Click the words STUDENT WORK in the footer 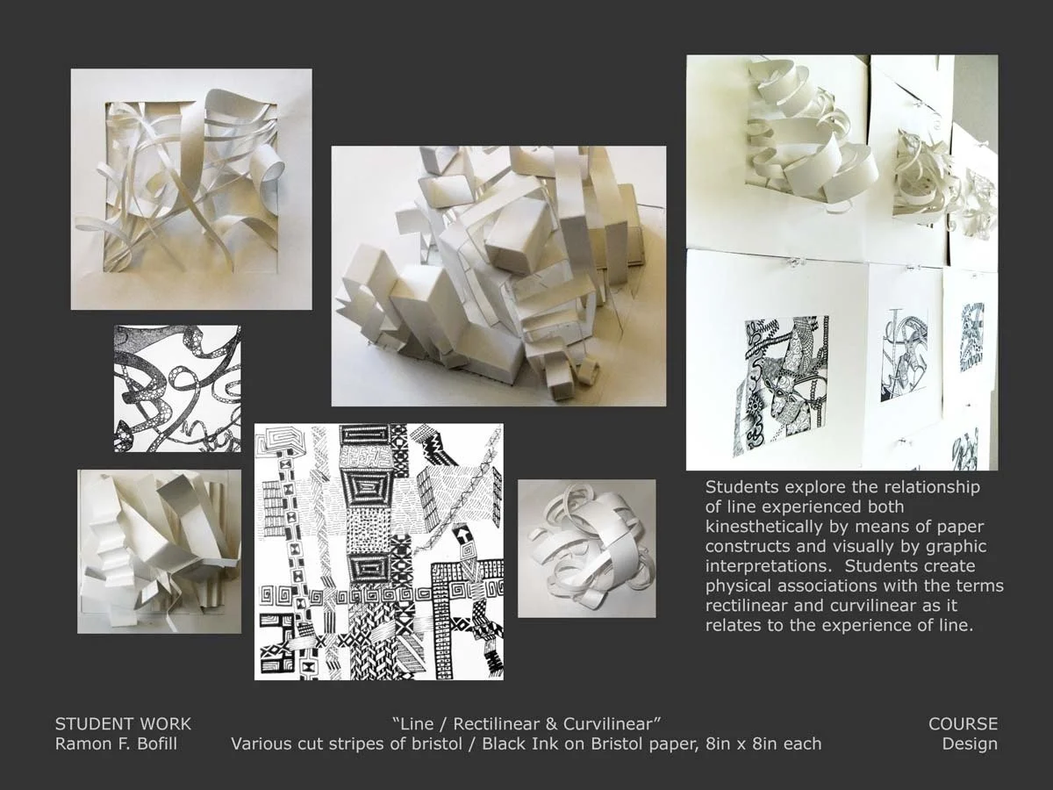click(x=123, y=724)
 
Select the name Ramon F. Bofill click(x=115, y=744)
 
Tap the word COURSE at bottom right click(x=963, y=724)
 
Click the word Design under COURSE click(x=970, y=744)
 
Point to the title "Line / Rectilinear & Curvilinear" click(x=526, y=724)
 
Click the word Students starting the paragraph click(x=740, y=487)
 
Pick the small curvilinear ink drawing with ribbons click(x=177, y=389)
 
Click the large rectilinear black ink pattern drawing click(x=379, y=551)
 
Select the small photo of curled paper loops click(x=586, y=549)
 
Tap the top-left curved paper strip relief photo click(x=191, y=190)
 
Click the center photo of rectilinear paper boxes click(x=498, y=276)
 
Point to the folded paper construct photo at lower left click(x=159, y=551)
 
